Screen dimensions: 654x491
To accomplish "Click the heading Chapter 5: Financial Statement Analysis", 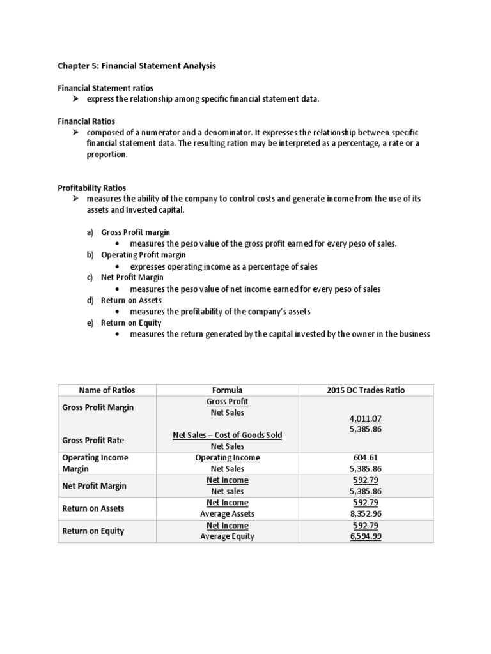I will click(137, 66).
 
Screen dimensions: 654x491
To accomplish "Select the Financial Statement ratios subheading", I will click(105, 87).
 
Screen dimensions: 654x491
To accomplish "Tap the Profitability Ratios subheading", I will click(92, 188).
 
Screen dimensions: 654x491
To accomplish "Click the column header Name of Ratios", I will click(107, 390).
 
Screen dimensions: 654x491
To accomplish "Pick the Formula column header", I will click(227, 390).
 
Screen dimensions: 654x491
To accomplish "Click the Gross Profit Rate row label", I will click(93, 441).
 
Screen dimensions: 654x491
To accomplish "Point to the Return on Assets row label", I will click(93, 508).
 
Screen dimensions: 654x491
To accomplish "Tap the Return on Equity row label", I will click(93, 531).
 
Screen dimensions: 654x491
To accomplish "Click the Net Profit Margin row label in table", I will click(94, 485).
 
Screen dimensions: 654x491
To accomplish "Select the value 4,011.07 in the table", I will click(366, 418).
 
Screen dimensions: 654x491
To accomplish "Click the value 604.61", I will click(366, 457).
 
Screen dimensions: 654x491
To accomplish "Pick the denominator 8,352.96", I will click(366, 513).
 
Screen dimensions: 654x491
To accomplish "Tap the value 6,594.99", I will click(366, 536).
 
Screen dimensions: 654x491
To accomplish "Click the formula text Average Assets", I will click(227, 513).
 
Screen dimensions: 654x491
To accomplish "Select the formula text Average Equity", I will click(227, 536).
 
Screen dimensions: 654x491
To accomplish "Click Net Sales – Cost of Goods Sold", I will click(227, 435).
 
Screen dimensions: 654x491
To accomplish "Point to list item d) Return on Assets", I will click(131, 300).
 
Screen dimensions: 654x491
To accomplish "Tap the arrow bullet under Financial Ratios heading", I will click(75, 132).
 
